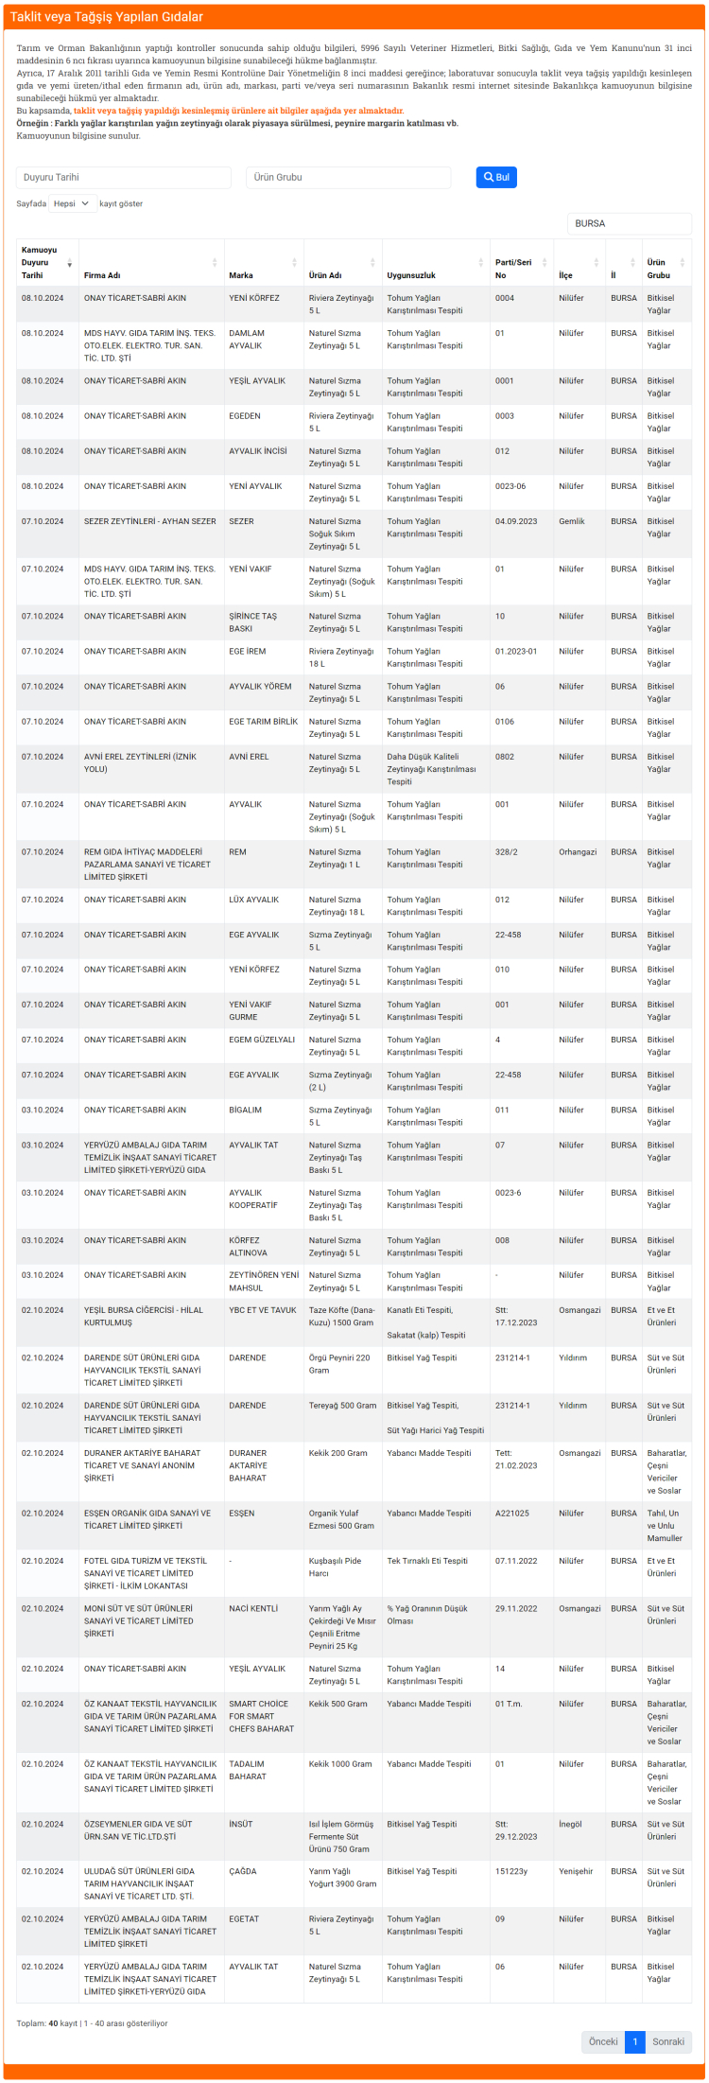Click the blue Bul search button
[x=496, y=177]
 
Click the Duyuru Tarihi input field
[x=123, y=177]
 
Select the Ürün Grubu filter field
[x=348, y=177]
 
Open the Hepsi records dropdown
[x=73, y=203]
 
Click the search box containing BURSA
[x=629, y=223]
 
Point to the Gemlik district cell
[x=572, y=521]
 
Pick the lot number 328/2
[x=507, y=852]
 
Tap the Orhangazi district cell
[x=578, y=852]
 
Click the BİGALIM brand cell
[x=245, y=1110]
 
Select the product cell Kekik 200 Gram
[x=337, y=1453]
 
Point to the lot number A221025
[x=512, y=1514]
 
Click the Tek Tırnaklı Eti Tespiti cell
[x=427, y=1561]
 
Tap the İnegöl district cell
[x=570, y=1824]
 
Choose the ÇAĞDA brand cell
[x=243, y=1871]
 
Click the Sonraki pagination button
[x=668, y=2041]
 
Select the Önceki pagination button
[x=603, y=2041]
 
